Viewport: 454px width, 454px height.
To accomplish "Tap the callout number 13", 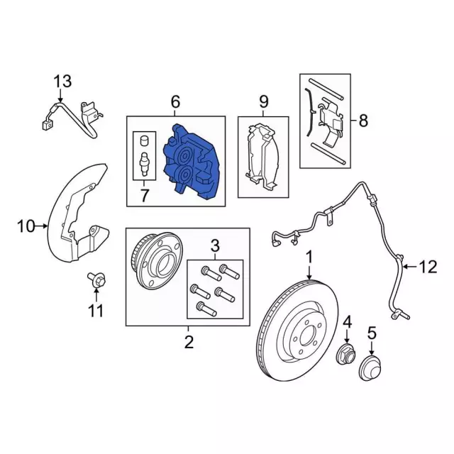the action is click(63, 82).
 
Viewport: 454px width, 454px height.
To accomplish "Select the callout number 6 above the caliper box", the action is click(175, 101).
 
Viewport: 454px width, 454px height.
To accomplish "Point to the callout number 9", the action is click(263, 101).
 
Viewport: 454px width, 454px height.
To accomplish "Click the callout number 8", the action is click(363, 120).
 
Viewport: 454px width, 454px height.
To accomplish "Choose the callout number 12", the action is click(428, 267).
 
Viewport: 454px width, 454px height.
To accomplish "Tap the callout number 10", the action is click(26, 226).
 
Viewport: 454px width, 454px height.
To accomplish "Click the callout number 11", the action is click(96, 311).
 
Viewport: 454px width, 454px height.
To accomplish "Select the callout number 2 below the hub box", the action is click(189, 342).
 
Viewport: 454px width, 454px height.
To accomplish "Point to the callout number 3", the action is click(214, 246).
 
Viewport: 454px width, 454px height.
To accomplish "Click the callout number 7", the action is click(144, 195).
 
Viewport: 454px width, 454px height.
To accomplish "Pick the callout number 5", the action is click(372, 333).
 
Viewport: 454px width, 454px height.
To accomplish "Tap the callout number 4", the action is click(347, 322).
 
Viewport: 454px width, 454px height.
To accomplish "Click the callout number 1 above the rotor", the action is click(309, 258).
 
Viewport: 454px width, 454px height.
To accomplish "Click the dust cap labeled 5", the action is click(370, 367).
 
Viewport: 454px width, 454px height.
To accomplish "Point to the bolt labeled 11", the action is click(96, 280).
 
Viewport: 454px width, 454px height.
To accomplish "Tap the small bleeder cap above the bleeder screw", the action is click(144, 141).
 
